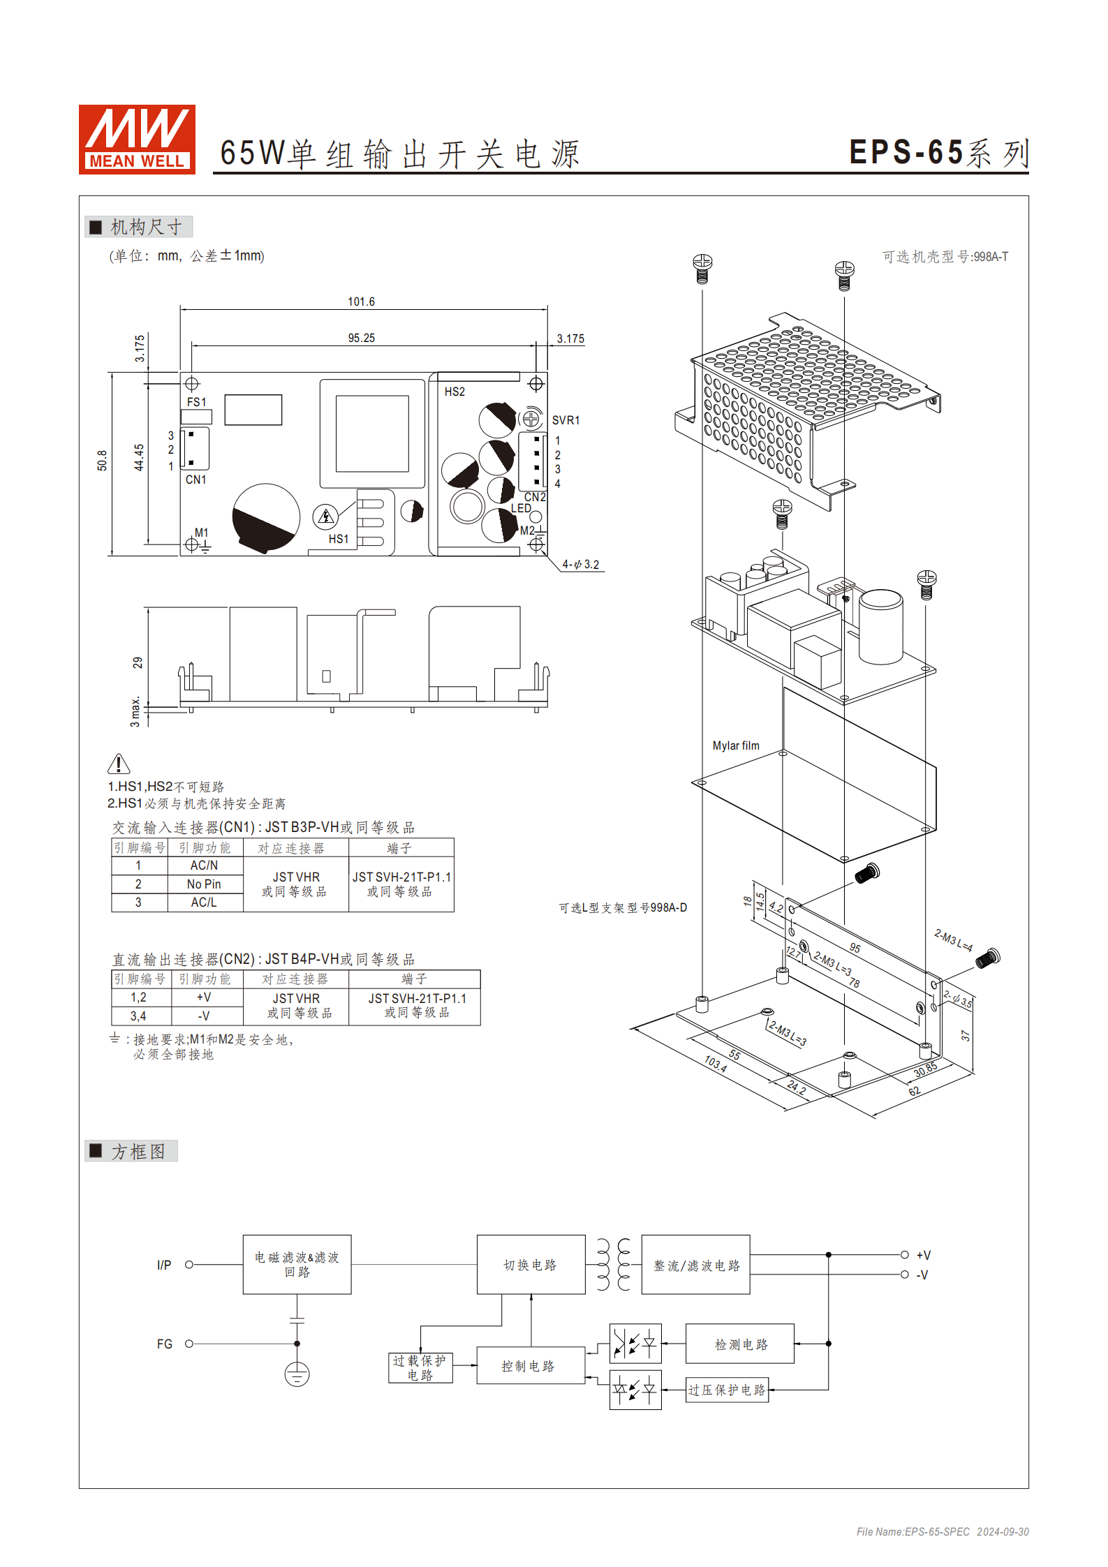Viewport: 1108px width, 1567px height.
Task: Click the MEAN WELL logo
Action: pos(137,139)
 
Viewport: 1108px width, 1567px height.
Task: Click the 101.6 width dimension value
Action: pos(361,302)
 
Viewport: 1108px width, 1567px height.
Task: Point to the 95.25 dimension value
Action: pos(361,338)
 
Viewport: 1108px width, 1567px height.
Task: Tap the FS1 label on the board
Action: pos(196,402)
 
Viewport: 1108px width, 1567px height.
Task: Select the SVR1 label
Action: pos(566,420)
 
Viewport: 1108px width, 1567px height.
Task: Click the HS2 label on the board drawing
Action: pos(455,392)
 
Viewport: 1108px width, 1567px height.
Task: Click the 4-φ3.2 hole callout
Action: pos(581,564)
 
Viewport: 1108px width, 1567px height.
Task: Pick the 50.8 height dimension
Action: pos(102,461)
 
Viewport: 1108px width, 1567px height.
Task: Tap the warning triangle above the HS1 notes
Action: pos(119,764)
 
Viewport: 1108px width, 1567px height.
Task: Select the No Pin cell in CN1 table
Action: pos(204,884)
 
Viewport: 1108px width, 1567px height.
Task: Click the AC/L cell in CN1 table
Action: pos(204,902)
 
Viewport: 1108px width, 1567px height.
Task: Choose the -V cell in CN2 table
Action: pos(204,1016)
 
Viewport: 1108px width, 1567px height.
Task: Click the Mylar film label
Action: pos(735,745)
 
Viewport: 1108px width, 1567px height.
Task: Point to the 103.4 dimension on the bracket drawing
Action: pos(715,1064)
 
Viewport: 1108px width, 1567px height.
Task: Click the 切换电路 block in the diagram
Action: pos(531,1265)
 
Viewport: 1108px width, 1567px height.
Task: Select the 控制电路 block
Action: pos(529,1366)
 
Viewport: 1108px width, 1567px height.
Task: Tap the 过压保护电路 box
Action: pos(727,1390)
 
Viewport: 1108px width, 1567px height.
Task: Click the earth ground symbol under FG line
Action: pos(297,1374)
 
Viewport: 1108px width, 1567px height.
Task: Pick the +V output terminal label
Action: pos(923,1255)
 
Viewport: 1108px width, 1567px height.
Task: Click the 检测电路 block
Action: pos(740,1344)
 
